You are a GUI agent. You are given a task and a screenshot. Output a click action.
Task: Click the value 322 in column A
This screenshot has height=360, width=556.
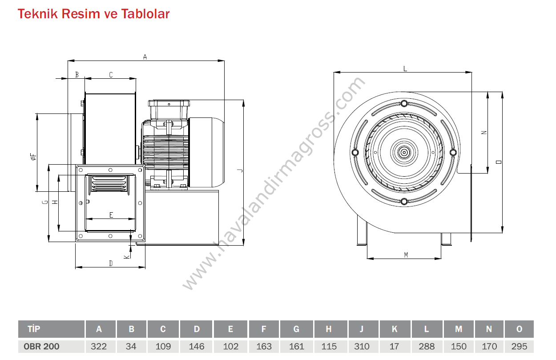click(x=99, y=346)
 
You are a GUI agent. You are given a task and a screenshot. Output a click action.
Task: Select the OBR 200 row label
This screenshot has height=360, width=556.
click(x=41, y=346)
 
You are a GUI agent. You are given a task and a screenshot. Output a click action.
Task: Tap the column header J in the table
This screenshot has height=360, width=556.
click(x=361, y=329)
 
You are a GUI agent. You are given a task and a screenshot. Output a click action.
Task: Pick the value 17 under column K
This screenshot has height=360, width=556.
click(x=394, y=346)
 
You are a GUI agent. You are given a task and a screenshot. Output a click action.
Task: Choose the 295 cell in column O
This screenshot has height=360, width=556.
click(x=519, y=346)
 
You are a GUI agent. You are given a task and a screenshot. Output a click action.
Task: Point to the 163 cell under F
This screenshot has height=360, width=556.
click(x=264, y=346)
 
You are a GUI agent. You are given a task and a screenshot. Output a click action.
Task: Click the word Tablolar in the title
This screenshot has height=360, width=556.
click(x=145, y=14)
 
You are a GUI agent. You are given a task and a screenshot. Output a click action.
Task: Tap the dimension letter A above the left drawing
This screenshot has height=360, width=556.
click(x=145, y=57)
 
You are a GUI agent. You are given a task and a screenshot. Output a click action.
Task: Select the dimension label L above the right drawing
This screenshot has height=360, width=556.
click(x=405, y=69)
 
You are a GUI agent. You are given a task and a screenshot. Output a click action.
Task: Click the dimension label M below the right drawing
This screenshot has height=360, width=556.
click(x=406, y=255)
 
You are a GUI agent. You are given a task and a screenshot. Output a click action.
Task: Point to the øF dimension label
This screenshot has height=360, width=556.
click(x=33, y=157)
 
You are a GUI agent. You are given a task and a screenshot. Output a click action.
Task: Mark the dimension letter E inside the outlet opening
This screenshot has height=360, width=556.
click(x=111, y=215)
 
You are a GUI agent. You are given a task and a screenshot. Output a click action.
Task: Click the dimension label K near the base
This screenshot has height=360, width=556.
click(x=127, y=256)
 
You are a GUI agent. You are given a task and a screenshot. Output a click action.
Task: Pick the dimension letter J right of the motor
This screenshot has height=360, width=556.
click(x=240, y=170)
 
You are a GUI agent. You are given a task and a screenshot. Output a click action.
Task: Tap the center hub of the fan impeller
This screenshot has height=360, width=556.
click(x=404, y=152)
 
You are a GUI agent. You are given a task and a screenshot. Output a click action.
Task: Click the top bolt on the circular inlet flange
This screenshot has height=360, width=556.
click(x=404, y=103)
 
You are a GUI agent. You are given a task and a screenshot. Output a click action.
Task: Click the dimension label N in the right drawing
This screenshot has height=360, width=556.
click(x=484, y=133)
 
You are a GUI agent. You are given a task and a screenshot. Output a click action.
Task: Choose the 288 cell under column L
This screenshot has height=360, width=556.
click(x=427, y=346)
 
